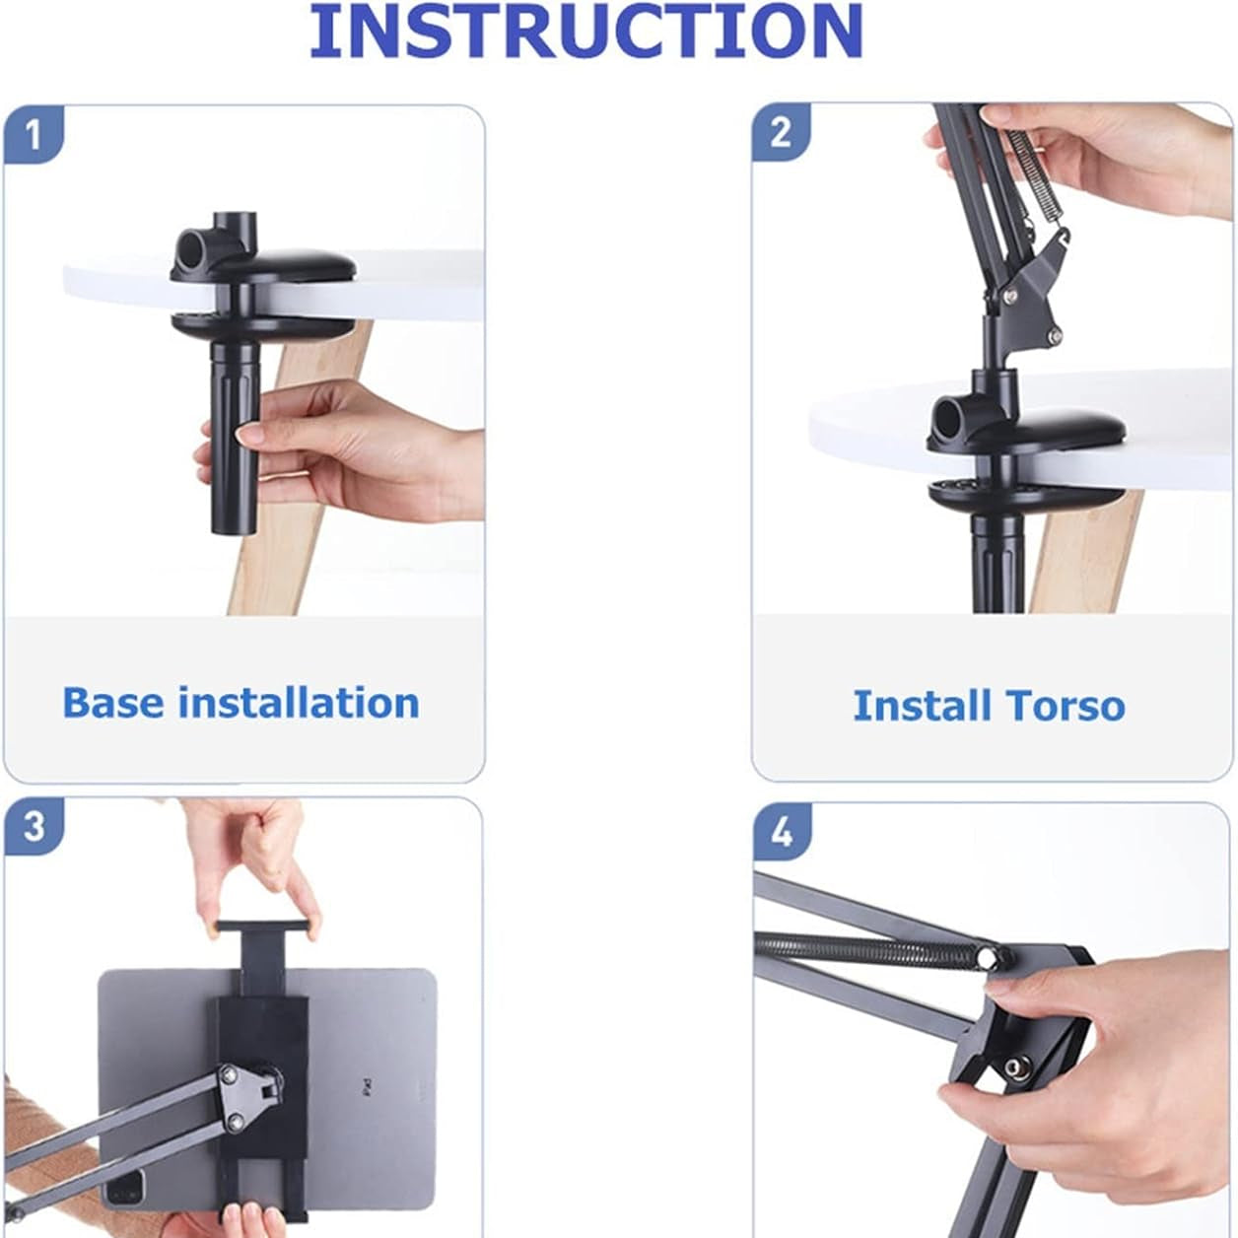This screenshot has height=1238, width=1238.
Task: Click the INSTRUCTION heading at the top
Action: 586,31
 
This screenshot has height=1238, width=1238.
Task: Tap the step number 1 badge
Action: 34,136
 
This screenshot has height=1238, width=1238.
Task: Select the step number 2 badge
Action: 782,133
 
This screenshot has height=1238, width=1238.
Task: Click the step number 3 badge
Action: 34,827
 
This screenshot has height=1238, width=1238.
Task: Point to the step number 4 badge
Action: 782,833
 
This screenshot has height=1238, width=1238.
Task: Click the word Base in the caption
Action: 112,703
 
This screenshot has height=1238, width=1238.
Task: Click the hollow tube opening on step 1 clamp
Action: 192,244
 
